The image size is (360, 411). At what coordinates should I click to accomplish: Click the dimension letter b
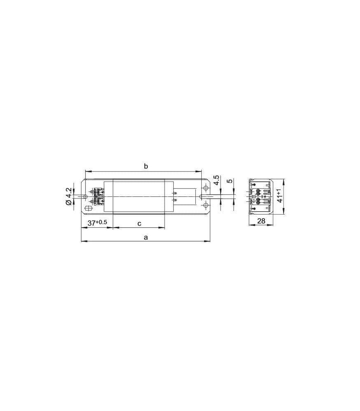pyautogui.click(x=146, y=166)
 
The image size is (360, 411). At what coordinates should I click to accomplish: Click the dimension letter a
pyautogui.click(x=146, y=238)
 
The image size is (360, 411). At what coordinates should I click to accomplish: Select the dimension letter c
pyautogui.click(x=139, y=223)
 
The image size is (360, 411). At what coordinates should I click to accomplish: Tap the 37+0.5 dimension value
pyautogui.click(x=98, y=222)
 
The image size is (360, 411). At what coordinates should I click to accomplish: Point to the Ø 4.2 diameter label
pyautogui.click(x=68, y=196)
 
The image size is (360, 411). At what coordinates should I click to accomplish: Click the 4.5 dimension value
pyautogui.click(x=216, y=180)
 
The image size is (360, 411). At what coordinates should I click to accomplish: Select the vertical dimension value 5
pyautogui.click(x=230, y=181)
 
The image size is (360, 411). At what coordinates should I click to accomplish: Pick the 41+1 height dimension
pyautogui.click(x=280, y=195)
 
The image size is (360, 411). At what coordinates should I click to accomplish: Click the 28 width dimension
pyautogui.click(x=261, y=221)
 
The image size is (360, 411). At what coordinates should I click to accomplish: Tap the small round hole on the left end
pyautogui.click(x=85, y=196)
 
